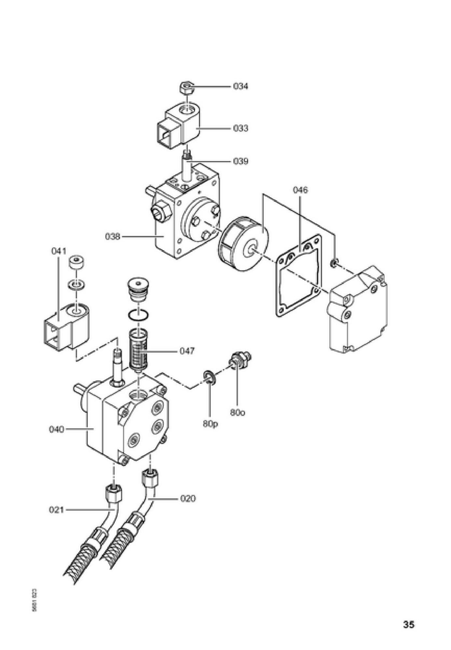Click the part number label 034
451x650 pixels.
pos(240,86)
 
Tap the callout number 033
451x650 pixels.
pos(240,128)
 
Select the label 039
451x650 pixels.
pos(240,161)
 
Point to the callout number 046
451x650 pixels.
pos(300,190)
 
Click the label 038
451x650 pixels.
pos(112,236)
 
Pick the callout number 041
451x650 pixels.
pos(59,251)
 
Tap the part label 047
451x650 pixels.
pos(187,351)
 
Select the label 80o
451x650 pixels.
pos(238,412)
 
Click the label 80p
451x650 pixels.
pos(210,424)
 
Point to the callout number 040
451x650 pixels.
pos(56,429)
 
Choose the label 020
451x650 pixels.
pos(188,498)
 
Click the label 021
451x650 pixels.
pos(56,510)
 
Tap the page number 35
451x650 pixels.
pos(409,624)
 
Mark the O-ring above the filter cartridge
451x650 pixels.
pos(139,315)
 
